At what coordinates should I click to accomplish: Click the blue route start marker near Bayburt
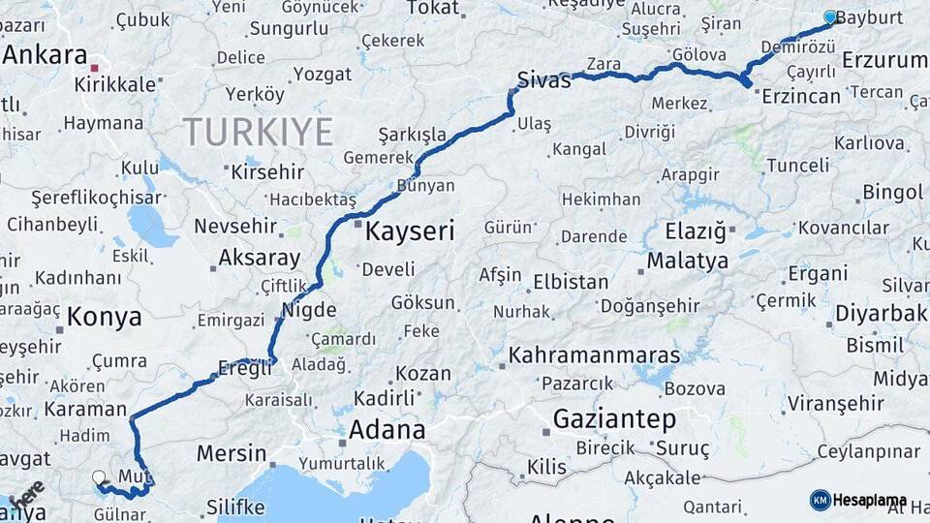829,16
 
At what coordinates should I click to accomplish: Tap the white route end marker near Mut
99,477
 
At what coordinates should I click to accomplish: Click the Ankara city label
45,54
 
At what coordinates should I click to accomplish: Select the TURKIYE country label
258,132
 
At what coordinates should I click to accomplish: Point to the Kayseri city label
410,231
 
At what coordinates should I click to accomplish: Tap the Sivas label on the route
543,80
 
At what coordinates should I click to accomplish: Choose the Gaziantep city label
614,419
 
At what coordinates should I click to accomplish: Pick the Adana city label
387,429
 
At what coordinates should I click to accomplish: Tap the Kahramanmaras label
595,354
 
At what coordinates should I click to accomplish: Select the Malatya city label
687,261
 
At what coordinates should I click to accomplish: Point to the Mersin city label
232,453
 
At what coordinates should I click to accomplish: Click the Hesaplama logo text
869,500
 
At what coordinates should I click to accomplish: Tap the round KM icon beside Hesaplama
820,500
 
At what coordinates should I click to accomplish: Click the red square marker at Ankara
94,69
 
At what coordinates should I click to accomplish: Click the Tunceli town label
797,166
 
